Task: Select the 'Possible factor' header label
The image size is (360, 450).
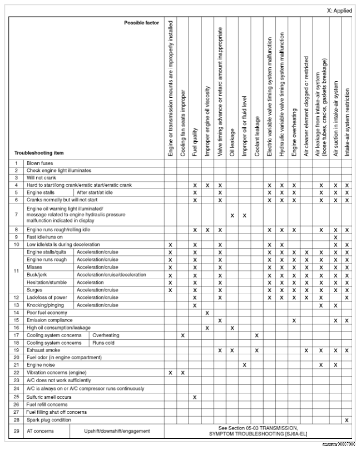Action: [141, 23]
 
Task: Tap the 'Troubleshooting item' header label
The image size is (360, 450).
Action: [39, 153]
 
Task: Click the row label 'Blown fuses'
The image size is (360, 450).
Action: [40, 164]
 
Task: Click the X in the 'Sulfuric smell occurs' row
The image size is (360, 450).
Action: [195, 397]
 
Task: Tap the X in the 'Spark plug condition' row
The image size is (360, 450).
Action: [346, 420]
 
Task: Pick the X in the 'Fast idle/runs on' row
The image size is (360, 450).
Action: [335, 237]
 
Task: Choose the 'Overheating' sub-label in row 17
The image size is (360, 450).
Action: [105, 335]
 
